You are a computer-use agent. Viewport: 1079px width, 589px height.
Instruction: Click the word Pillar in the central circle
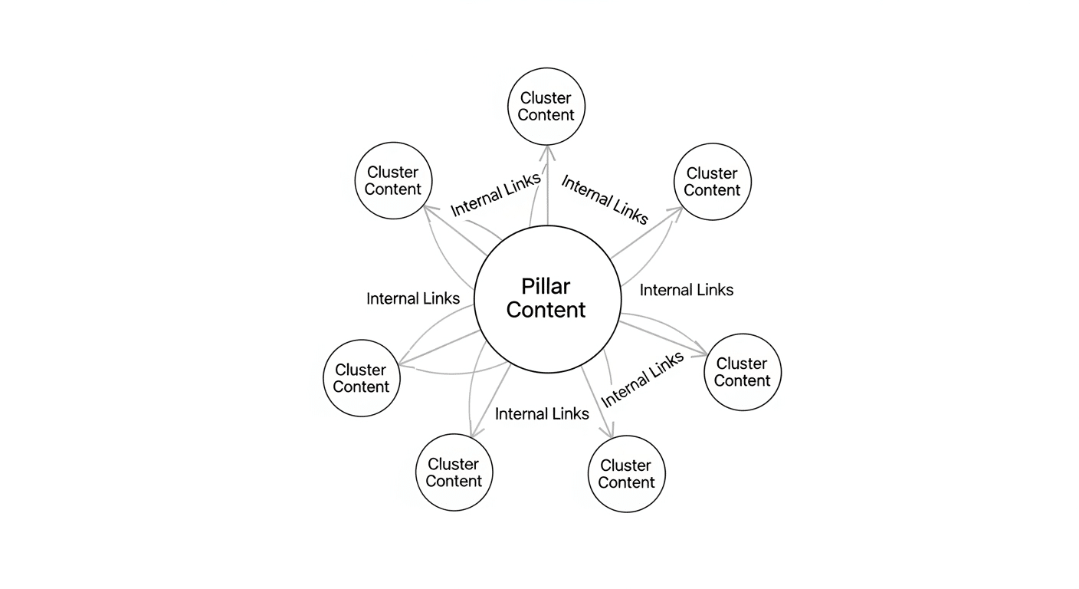click(x=546, y=287)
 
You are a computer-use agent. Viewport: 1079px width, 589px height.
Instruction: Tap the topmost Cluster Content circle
click(x=546, y=107)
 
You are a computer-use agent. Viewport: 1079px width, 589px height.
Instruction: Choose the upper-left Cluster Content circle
click(x=393, y=181)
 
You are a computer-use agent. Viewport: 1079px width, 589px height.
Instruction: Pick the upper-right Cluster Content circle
click(x=712, y=182)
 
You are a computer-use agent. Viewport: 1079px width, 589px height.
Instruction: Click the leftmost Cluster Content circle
click(x=361, y=378)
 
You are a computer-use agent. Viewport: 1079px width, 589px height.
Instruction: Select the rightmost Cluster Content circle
click(x=742, y=372)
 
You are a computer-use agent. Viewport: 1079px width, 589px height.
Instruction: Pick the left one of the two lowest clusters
click(x=454, y=472)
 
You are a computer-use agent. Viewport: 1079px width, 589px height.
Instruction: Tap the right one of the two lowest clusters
click(x=626, y=474)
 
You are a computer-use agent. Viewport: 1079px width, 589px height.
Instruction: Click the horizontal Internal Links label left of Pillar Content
click(x=413, y=298)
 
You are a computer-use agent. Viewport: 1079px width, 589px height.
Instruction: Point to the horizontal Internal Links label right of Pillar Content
click(x=687, y=290)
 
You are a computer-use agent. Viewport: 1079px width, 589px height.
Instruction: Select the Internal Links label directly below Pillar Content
click(x=542, y=414)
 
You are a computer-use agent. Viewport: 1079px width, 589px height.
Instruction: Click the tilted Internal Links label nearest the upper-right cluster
click(x=605, y=199)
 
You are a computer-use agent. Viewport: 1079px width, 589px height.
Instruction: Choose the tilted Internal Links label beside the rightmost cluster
click(x=642, y=380)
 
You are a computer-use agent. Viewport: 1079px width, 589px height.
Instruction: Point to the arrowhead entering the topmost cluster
click(x=546, y=151)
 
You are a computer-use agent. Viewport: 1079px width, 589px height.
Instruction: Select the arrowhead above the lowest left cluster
click(x=474, y=433)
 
